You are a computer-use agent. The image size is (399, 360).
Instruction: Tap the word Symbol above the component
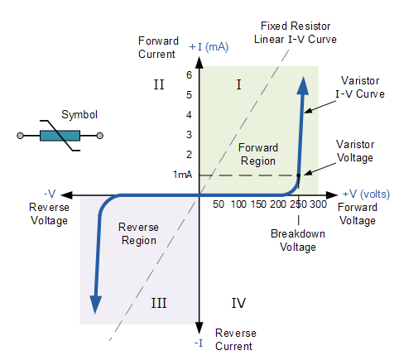click(79, 114)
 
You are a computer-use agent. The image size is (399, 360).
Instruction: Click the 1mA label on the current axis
click(183, 175)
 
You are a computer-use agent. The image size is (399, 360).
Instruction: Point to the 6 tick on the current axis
click(189, 74)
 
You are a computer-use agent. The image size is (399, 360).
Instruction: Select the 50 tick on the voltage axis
click(219, 204)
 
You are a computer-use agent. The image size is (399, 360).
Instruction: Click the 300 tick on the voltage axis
click(317, 204)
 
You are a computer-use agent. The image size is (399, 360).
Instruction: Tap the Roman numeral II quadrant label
click(160, 84)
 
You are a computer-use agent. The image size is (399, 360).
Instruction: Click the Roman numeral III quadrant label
click(160, 303)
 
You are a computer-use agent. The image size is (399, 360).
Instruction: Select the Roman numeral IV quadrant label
click(238, 303)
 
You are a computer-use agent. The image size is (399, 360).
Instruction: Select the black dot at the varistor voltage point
click(299, 174)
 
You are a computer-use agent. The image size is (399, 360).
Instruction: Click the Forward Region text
click(258, 154)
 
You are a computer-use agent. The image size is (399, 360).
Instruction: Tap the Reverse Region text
click(138, 233)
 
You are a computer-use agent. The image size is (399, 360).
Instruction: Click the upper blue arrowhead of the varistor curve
click(304, 84)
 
